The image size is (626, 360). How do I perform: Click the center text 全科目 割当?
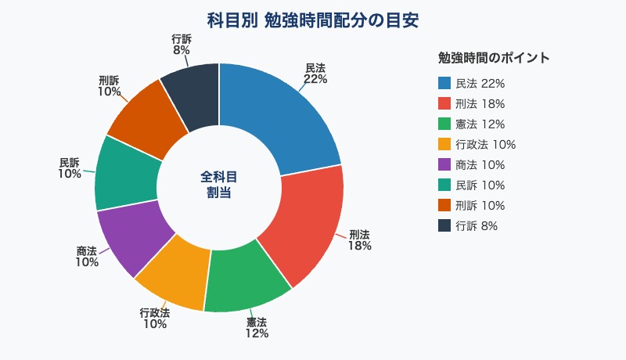(x=219, y=185)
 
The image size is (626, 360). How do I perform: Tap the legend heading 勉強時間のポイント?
(x=494, y=58)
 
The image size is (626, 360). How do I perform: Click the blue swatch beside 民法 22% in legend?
(x=444, y=84)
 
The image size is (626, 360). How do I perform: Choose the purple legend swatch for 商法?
(x=444, y=165)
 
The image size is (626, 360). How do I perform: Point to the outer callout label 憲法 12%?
(x=257, y=328)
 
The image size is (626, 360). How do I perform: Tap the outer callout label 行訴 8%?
(x=181, y=44)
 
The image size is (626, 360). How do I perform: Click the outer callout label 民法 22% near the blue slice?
(x=315, y=74)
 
